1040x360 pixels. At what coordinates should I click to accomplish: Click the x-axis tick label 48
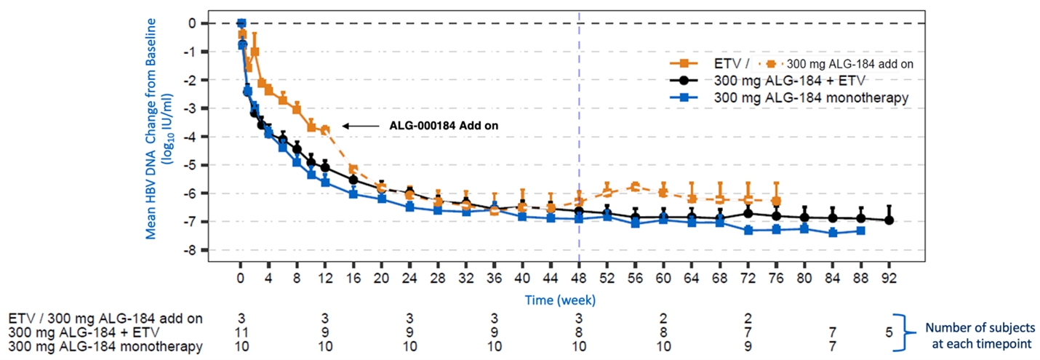tap(579, 279)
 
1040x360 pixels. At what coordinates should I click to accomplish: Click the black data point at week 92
tap(889, 220)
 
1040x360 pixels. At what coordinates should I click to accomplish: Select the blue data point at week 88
tap(861, 231)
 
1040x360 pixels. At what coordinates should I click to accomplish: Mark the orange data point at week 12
tap(325, 129)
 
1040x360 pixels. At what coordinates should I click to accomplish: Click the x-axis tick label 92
tap(889, 279)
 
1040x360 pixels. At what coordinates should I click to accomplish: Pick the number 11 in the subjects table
tap(241, 332)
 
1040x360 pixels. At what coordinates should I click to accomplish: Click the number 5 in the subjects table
tap(888, 332)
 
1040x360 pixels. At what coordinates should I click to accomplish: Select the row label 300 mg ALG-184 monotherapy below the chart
tap(105, 347)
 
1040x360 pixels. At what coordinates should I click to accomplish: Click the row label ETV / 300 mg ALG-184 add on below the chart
tap(105, 318)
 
